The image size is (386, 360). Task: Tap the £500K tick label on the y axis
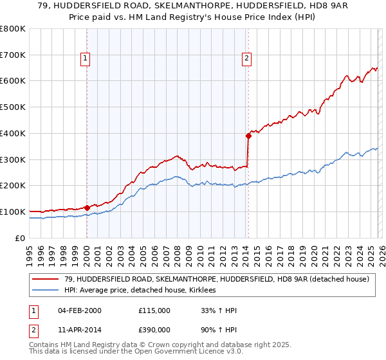click(x=13, y=107)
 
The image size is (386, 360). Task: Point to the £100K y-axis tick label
click(x=13, y=212)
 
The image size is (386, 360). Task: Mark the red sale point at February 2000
click(x=87, y=208)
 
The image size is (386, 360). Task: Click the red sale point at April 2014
click(x=248, y=136)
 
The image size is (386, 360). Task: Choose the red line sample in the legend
click(x=46, y=279)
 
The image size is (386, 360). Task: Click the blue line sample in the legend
click(x=46, y=291)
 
